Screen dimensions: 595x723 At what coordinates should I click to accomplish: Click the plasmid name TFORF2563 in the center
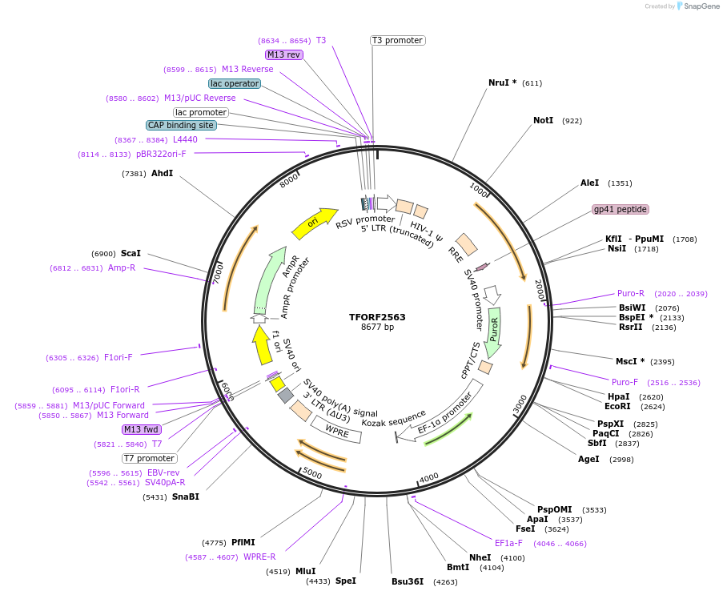(377, 317)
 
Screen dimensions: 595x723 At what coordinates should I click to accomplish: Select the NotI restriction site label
(543, 121)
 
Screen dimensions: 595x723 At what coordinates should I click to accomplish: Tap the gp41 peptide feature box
(620, 209)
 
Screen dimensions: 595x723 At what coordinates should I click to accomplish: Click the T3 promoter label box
(397, 40)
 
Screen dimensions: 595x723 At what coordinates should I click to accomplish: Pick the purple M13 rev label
(284, 54)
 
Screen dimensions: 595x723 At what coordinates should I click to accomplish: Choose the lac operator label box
(235, 83)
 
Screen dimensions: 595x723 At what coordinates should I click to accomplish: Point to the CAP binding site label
(181, 125)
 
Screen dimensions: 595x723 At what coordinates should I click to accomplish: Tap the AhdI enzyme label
(162, 173)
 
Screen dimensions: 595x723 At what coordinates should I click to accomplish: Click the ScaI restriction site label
(131, 253)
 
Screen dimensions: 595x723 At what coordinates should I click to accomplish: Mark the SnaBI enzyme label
(185, 497)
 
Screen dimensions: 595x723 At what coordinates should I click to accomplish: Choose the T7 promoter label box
(149, 458)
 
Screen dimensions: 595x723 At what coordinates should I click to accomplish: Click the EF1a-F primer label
(508, 543)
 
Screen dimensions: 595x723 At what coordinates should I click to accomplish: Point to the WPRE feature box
(337, 431)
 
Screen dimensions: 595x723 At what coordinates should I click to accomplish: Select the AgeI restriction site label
(588, 459)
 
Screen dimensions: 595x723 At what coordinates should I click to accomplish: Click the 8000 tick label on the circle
(289, 182)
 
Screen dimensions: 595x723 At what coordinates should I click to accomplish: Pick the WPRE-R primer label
(259, 557)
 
